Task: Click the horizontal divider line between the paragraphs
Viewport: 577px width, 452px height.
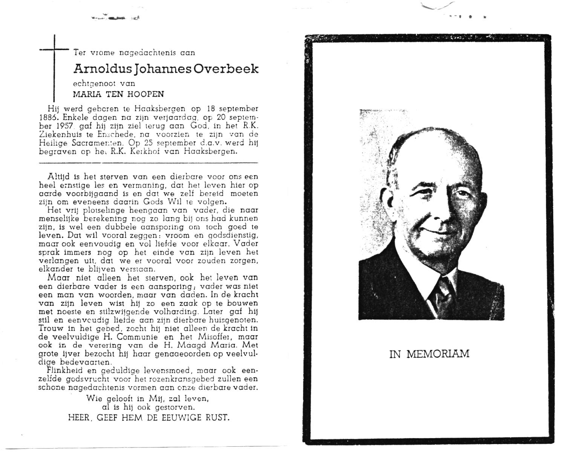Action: [x=148, y=163]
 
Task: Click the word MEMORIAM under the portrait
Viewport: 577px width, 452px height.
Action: [x=438, y=354]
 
